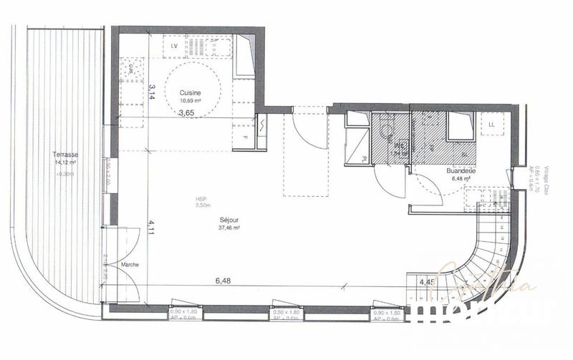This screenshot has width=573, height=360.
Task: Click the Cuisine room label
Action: [190, 92]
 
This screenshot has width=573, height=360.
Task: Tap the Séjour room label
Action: [229, 221]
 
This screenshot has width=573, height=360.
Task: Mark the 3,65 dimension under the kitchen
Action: [186, 112]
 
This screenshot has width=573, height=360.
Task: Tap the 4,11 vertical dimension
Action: [152, 229]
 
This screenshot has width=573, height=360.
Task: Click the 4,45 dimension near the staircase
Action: [426, 281]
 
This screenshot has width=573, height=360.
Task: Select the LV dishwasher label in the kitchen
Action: [175, 46]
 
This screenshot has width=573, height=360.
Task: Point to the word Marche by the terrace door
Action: [130, 264]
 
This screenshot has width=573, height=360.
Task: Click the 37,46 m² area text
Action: [229, 228]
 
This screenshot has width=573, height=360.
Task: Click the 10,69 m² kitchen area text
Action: [190, 100]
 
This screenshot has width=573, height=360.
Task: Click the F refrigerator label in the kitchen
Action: [245, 137]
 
